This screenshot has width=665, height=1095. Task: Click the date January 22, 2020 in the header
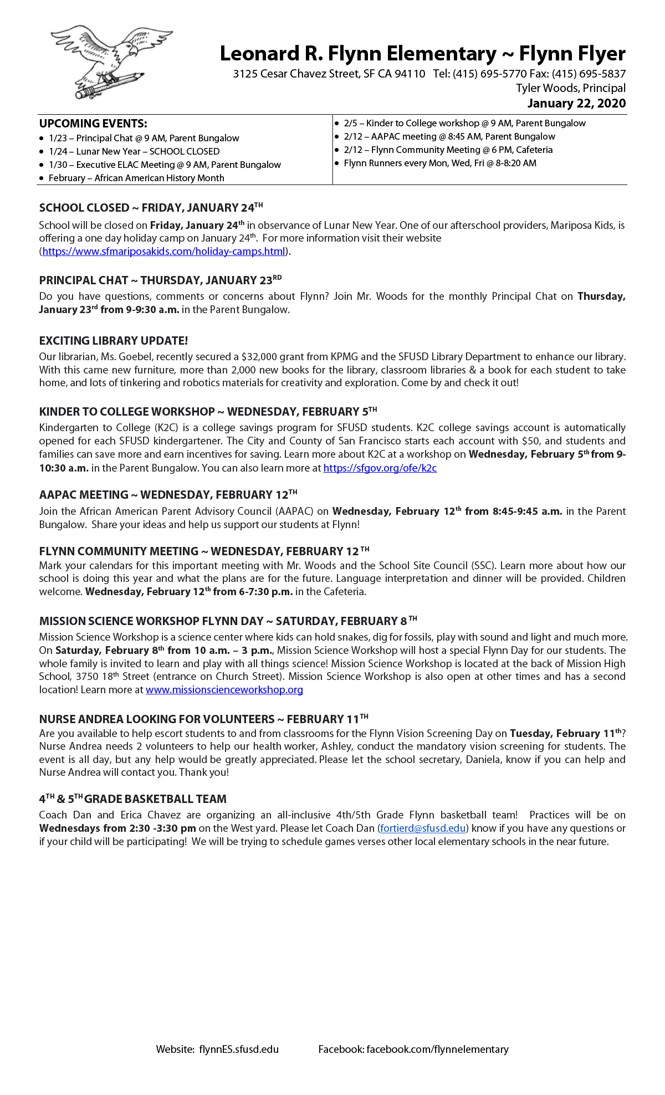coord(576,104)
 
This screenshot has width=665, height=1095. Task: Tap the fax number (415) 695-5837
coord(589,74)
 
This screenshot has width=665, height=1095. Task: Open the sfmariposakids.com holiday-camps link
coord(164,252)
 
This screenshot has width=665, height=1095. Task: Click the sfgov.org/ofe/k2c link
coord(380,468)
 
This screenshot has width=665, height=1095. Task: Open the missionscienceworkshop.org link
coord(224,690)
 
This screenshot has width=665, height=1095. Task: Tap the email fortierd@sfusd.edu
coord(422,828)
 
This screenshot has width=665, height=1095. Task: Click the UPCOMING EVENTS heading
coord(93,124)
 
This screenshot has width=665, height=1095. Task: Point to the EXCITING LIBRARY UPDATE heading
coord(114,341)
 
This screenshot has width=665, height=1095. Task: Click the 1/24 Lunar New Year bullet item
coord(134,152)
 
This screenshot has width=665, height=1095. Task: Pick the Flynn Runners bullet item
coord(440,163)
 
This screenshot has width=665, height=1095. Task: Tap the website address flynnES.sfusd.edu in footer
coord(239,1050)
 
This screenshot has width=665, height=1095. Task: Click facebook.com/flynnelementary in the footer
coord(437,1050)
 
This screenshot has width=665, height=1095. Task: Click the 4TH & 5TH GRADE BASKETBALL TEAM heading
coord(133,799)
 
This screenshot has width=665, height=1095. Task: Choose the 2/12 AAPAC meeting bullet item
coord(449,137)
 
